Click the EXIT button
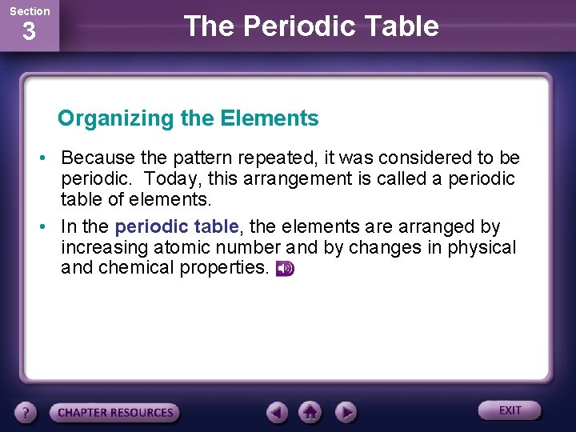tap(510, 410)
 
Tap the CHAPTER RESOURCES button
tap(115, 413)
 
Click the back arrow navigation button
tap(278, 413)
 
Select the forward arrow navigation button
tap(345, 413)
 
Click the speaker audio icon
tap(285, 269)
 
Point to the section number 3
tap(29, 33)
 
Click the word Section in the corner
tap(30, 11)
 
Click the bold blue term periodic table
tap(177, 227)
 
